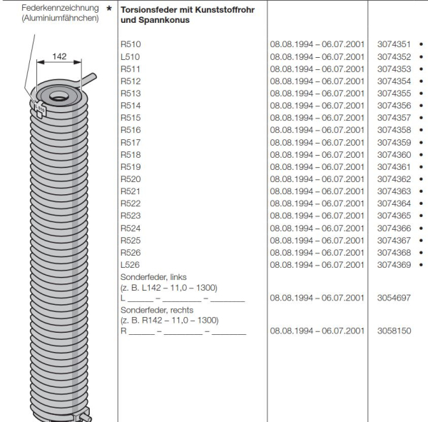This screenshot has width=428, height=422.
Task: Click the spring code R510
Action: click(x=131, y=44)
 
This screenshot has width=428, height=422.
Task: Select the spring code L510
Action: click(x=131, y=56)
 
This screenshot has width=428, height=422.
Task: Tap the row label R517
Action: click(x=131, y=142)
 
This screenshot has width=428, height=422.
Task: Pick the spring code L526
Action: click(x=131, y=265)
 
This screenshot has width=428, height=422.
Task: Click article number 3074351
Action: click(x=393, y=44)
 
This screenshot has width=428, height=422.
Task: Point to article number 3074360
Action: click(x=393, y=154)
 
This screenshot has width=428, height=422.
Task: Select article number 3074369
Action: click(x=393, y=265)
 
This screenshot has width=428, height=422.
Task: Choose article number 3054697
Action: click(x=393, y=298)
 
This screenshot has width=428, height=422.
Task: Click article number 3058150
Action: click(x=393, y=331)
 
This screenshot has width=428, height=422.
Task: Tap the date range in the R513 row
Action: click(x=317, y=93)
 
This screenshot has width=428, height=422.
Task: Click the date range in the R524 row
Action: click(x=317, y=228)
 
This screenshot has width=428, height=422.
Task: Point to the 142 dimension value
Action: click(x=60, y=56)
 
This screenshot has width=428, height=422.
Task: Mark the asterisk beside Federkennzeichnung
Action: click(x=108, y=8)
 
